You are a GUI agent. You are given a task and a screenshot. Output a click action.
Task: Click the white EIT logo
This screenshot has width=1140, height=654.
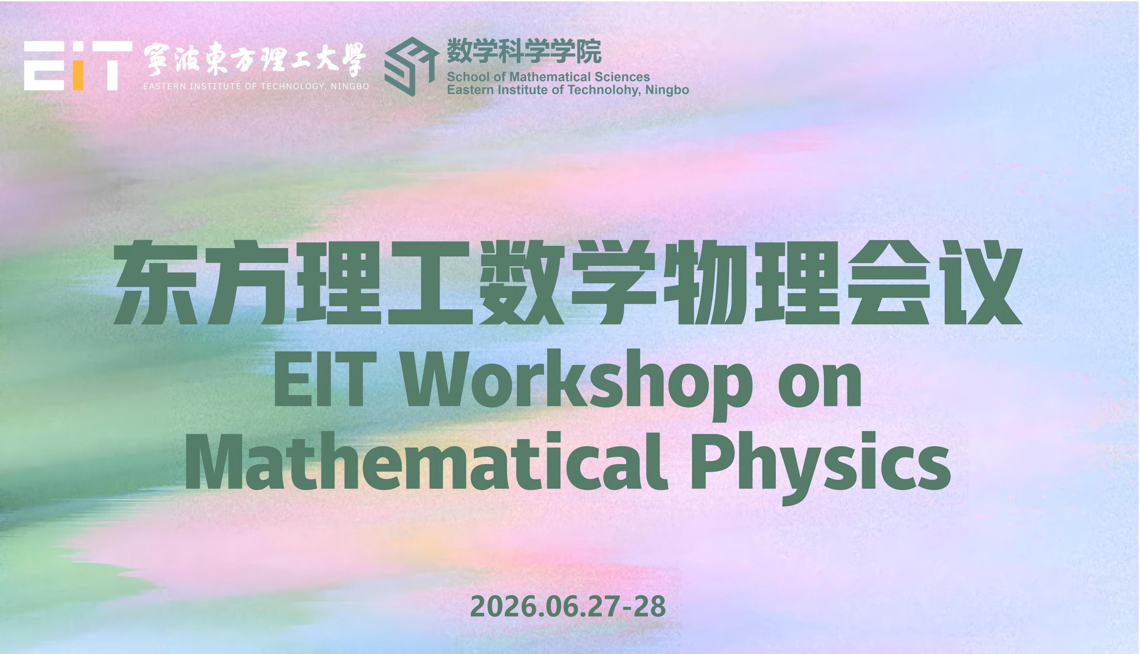click(78, 66)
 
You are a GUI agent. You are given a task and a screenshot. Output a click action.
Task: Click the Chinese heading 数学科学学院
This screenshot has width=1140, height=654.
click(524, 52)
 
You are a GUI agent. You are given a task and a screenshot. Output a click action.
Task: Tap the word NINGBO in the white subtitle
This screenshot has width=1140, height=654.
click(350, 86)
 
